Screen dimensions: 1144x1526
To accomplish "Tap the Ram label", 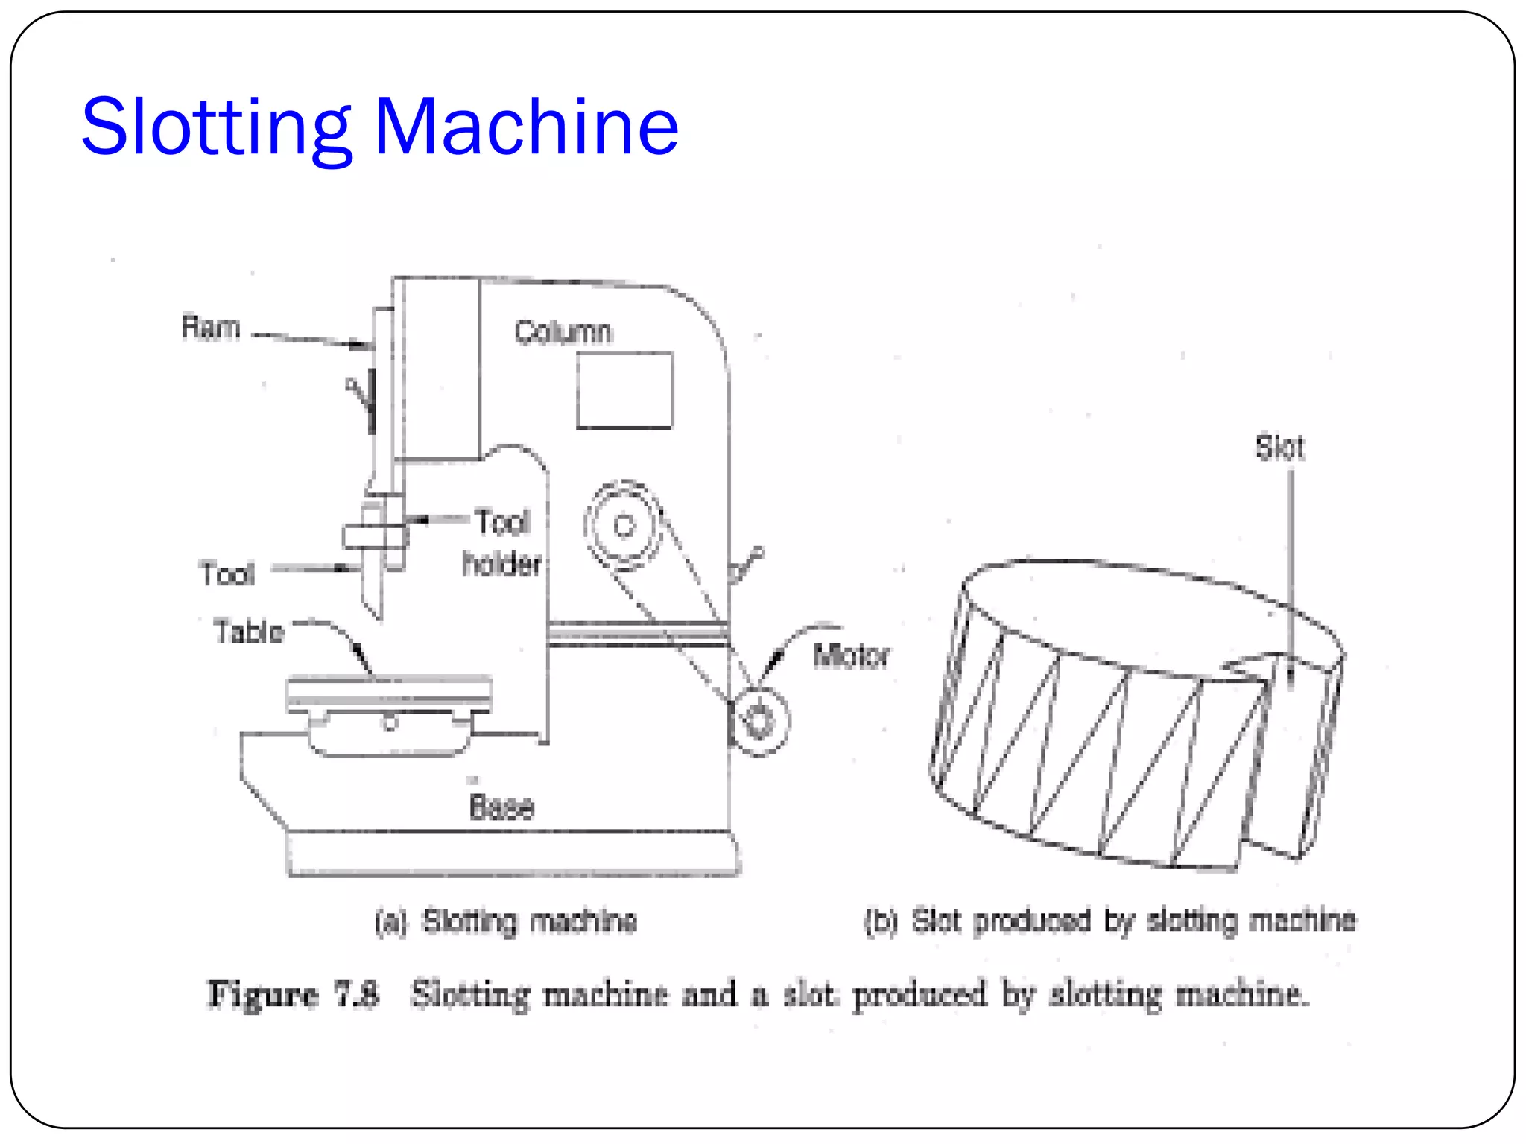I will tap(211, 328).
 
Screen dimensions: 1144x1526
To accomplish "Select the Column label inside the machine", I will tap(563, 332).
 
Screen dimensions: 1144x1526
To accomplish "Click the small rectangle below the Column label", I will tap(624, 390).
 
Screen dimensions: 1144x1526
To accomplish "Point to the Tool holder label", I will tap(502, 543).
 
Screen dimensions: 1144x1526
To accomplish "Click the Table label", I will tap(249, 632).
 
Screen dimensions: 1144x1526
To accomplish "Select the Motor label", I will tap(851, 656).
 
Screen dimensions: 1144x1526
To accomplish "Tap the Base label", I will tap(501, 807).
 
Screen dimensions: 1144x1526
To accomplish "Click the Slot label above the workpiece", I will tap(1279, 448).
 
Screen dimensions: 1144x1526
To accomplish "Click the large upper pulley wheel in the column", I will tap(624, 526).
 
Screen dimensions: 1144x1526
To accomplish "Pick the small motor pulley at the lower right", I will tap(759, 721).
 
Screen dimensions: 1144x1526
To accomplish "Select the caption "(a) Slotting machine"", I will tap(506, 921).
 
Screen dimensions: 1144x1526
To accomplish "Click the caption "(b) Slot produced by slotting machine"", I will tap(1109, 921).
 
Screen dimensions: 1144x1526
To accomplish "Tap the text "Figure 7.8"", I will tap(293, 994).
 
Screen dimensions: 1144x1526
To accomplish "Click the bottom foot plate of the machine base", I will tap(513, 854).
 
